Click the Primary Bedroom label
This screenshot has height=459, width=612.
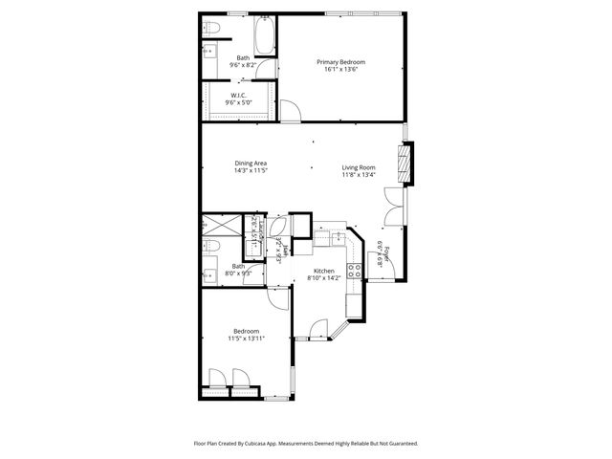[340, 62]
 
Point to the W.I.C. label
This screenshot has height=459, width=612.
[238, 96]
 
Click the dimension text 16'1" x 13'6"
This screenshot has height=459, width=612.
[340, 70]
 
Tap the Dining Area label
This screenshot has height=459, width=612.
[251, 164]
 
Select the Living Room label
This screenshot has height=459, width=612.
[359, 168]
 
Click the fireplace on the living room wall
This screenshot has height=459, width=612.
[410, 163]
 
